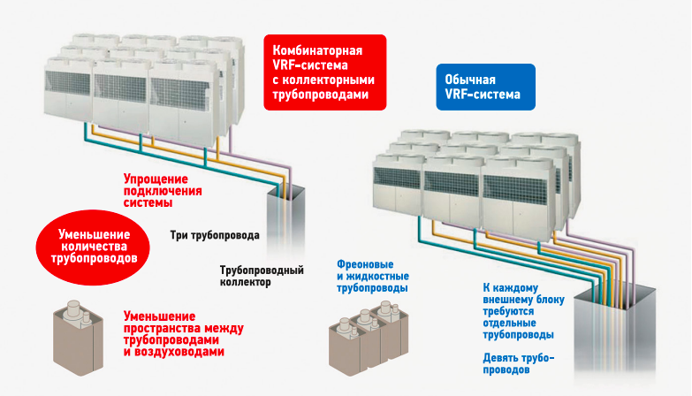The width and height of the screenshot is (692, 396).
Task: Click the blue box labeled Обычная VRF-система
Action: [x=484, y=86]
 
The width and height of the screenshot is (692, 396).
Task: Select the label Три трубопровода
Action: [x=215, y=236]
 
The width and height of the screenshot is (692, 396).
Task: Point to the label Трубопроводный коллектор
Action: [x=262, y=276]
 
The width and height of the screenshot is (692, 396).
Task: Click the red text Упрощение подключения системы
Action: [x=163, y=190]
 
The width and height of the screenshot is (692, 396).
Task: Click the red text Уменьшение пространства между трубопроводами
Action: [x=184, y=334]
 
